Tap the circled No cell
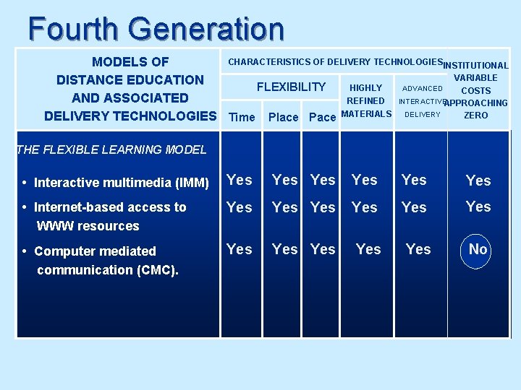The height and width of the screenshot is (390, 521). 478,249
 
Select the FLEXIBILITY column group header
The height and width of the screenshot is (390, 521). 292,87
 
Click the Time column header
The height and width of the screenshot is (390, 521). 242,117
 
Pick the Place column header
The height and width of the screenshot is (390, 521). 283,117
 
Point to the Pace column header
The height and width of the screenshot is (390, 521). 322,117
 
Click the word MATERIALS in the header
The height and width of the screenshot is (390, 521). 366,113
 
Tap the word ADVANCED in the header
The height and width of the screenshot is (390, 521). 423,88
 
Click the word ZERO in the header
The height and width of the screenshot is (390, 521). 475,115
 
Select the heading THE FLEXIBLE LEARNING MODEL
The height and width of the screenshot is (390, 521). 111,149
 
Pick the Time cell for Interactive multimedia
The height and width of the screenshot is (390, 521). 240,180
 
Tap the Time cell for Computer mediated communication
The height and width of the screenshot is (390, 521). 240,249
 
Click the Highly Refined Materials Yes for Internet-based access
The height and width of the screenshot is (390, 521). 364,208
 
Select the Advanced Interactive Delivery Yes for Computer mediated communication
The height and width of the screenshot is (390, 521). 418,249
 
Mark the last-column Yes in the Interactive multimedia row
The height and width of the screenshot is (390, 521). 478,181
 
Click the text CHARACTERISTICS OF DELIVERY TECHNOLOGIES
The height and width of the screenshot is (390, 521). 335,63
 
